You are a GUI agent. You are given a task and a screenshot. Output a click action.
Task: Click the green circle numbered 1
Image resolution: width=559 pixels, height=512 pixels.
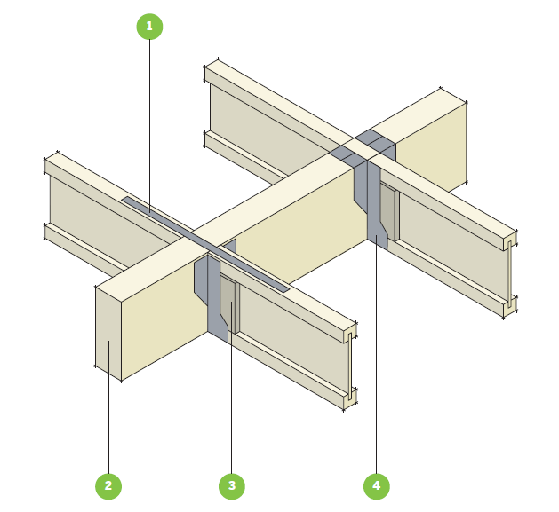tap(149, 27)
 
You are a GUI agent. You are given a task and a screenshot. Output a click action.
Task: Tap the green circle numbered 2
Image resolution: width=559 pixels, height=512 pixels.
tap(108, 486)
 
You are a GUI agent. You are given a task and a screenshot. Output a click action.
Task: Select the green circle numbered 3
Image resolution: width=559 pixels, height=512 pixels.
tap(232, 486)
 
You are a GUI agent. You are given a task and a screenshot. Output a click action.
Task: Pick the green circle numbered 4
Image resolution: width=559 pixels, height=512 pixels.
tap(377, 486)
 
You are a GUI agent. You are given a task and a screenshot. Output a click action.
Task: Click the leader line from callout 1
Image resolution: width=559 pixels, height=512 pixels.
tap(149, 126)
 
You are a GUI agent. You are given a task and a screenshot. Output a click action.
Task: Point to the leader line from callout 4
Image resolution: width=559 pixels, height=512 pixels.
tap(377, 354)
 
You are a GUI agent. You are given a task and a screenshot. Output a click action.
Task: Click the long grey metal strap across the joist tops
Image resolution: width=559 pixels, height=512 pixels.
tap(205, 244)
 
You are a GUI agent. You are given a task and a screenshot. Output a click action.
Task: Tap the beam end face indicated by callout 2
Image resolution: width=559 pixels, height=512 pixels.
tap(108, 334)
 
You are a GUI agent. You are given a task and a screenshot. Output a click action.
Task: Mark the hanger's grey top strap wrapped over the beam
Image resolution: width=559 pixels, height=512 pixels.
tap(363, 149)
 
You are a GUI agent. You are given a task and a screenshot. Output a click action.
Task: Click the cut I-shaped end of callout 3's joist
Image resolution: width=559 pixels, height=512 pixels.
tap(350, 366)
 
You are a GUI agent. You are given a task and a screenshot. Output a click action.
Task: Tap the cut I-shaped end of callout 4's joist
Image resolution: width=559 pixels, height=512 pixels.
tap(510, 273)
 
